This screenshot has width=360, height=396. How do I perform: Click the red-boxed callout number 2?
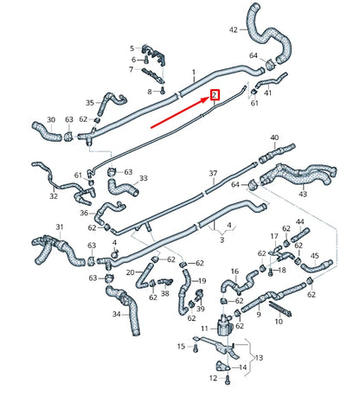pos(215,95)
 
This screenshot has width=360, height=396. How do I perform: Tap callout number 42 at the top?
pos(234,30)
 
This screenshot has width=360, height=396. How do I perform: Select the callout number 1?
pos(194,72)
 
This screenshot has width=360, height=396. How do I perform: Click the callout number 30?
pos(50,120)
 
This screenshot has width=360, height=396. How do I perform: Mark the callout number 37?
pos(212,174)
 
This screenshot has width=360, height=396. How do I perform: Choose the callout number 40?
pos(275,138)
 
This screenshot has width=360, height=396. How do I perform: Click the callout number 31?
pos(60,227)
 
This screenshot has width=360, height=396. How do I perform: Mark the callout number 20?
pos(131,271)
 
